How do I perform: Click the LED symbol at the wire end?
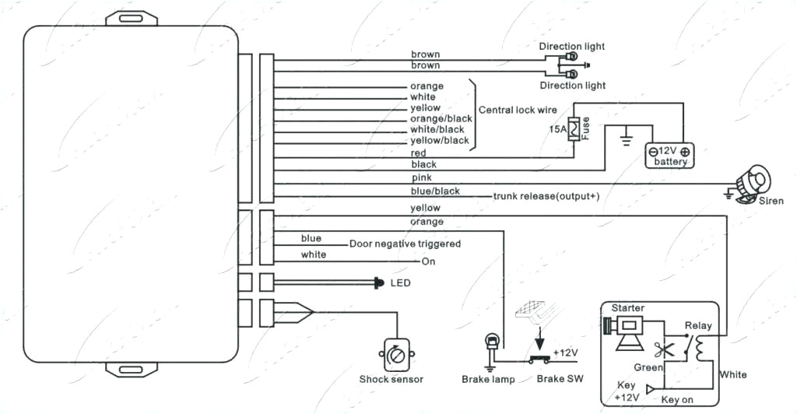coord(379,282)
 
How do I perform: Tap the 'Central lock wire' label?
coord(518,111)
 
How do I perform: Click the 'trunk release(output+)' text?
coord(546,196)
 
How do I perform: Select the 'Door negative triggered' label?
coord(405,244)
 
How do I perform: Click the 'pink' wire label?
coord(420,178)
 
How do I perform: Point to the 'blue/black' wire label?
coord(435,191)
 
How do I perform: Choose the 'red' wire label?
coord(418,153)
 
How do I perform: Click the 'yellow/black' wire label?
coord(440,140)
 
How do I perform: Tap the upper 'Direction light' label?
coord(573,47)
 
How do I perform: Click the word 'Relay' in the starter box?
coord(697,325)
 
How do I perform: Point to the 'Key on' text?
coord(677,399)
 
